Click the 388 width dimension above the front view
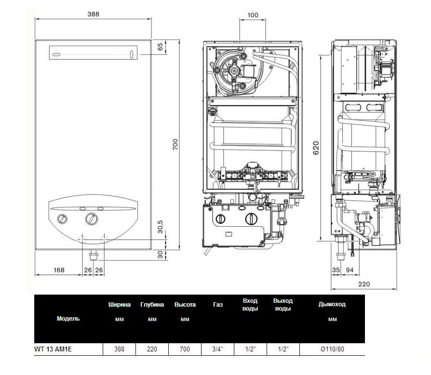pos(93,14)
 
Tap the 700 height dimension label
pos(175,144)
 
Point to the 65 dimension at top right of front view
pos(160,46)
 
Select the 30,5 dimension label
pos(160,227)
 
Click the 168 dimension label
pos(59,270)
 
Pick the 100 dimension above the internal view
pos(253,15)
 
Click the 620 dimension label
pos(316,148)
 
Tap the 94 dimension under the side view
pos(350,270)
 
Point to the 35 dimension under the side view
pos(336,270)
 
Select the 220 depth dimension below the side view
pos(364,284)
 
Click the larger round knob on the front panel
pos(91,219)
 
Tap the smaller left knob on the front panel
pos(62,219)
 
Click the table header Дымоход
pos(332,304)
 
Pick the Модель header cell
pos(68,319)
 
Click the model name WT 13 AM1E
pos(53,349)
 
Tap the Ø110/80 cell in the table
pos(332,349)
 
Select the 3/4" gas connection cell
pos(218,349)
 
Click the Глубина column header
pos(152,304)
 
